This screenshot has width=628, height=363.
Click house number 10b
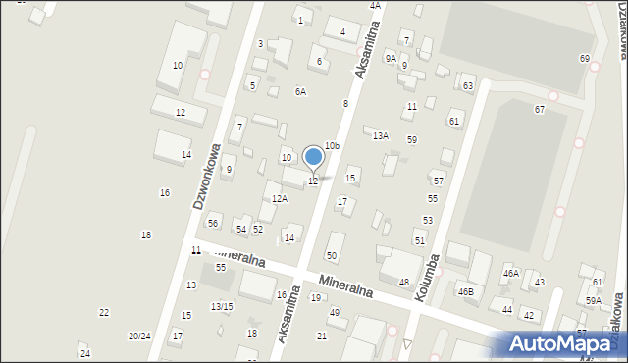(332, 146)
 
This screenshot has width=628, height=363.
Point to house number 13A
(380, 135)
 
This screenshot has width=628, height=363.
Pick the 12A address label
(280, 199)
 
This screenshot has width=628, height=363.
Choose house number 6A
(300, 91)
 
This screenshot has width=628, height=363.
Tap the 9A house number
(391, 59)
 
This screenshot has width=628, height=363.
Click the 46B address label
(465, 291)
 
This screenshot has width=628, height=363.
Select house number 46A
(510, 273)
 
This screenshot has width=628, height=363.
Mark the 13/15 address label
(221, 306)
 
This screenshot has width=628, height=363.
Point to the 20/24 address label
(139, 336)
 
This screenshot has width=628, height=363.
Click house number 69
(585, 59)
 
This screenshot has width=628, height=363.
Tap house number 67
(539, 109)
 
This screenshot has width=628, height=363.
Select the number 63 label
(468, 86)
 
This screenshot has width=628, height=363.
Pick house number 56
(213, 223)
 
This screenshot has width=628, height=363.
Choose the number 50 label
(332, 255)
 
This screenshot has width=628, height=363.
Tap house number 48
(403, 282)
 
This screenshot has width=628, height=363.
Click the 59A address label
(594, 300)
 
